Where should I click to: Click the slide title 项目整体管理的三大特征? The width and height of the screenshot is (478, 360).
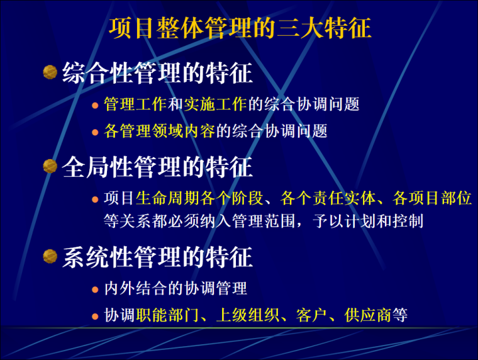(x=239, y=29)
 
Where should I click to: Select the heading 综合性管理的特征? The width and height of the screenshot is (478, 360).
(x=157, y=74)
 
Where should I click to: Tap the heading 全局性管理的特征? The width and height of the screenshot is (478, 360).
(x=157, y=167)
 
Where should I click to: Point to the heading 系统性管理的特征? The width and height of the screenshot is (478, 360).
(x=157, y=257)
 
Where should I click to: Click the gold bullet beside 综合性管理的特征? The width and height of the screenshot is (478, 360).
(x=50, y=73)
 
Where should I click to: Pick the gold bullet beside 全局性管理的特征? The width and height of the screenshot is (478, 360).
(x=50, y=166)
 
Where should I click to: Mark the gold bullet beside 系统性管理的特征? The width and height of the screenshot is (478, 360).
(x=50, y=256)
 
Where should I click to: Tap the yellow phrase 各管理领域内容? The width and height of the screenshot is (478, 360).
(x=160, y=132)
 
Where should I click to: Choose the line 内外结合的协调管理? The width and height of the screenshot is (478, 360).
(x=175, y=289)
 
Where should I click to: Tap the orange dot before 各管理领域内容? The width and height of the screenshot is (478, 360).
(x=96, y=133)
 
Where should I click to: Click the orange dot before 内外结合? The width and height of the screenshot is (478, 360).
(x=96, y=290)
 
